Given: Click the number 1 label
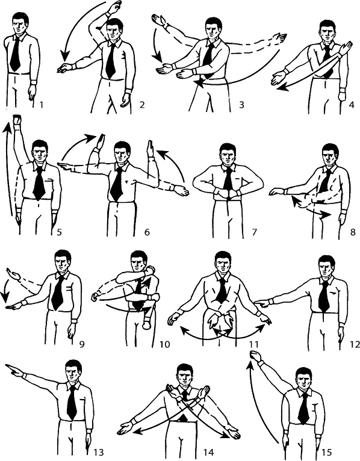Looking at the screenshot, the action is (x=41, y=104).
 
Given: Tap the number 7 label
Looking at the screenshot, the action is (x=254, y=232).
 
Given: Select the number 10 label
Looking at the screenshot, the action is (x=165, y=344).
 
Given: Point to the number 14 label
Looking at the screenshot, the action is (x=208, y=452).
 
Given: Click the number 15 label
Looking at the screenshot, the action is (x=326, y=452).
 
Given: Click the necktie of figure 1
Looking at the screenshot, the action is (x=15, y=54).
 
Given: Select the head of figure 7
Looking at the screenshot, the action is (x=226, y=153).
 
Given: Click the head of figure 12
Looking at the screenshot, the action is (x=326, y=267).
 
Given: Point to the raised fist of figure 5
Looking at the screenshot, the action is (x=17, y=120).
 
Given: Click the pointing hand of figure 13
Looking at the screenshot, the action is (x=14, y=370).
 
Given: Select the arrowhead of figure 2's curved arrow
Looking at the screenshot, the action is (x=64, y=56).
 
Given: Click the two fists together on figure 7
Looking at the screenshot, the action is (x=228, y=194).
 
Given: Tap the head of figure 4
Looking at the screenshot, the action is (x=326, y=30).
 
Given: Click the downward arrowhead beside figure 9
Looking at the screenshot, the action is (x=4, y=295).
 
